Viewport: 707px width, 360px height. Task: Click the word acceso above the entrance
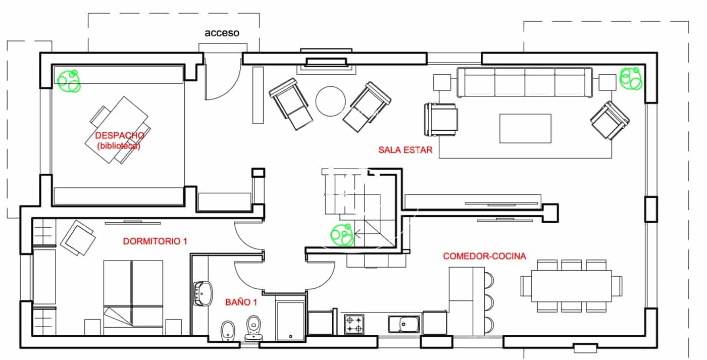pyautogui.click(x=222, y=33)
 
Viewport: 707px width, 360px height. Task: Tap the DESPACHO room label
pyautogui.click(x=120, y=136)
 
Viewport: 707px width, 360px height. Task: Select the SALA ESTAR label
pyautogui.click(x=406, y=150)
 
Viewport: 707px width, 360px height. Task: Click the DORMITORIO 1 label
pyautogui.click(x=155, y=242)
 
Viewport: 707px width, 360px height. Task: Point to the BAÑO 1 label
pyautogui.click(x=241, y=302)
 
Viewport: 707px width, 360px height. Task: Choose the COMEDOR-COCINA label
pyautogui.click(x=484, y=256)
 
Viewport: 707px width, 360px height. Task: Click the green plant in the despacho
pyautogui.click(x=69, y=81)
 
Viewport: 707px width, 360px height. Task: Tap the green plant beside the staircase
pyautogui.click(x=342, y=235)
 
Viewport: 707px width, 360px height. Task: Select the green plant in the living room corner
pyautogui.click(x=631, y=79)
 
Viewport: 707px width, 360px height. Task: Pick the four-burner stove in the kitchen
pyautogui.click(x=355, y=324)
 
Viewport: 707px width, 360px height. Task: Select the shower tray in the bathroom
pyautogui.click(x=290, y=321)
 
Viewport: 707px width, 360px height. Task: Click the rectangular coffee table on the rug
pyautogui.click(x=525, y=128)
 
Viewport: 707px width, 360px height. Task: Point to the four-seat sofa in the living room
pyautogui.click(x=525, y=82)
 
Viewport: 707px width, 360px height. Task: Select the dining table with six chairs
pyautogui.click(x=566, y=286)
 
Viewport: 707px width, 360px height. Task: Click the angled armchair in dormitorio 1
pyautogui.click(x=78, y=237)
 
